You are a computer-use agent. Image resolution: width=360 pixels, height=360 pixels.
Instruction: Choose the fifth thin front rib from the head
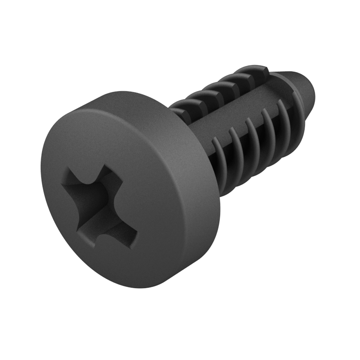[x=284, y=117]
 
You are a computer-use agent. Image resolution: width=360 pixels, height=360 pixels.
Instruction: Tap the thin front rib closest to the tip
[x=299, y=108]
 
